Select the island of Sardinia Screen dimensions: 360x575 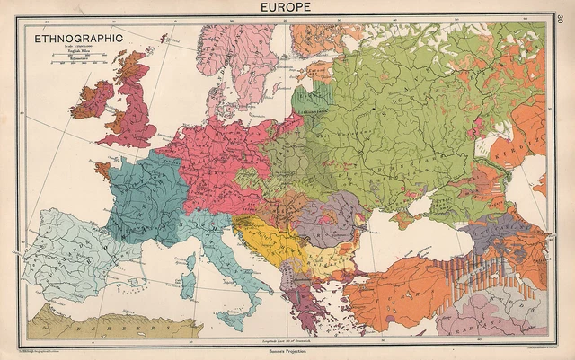(x=190, y=275)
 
